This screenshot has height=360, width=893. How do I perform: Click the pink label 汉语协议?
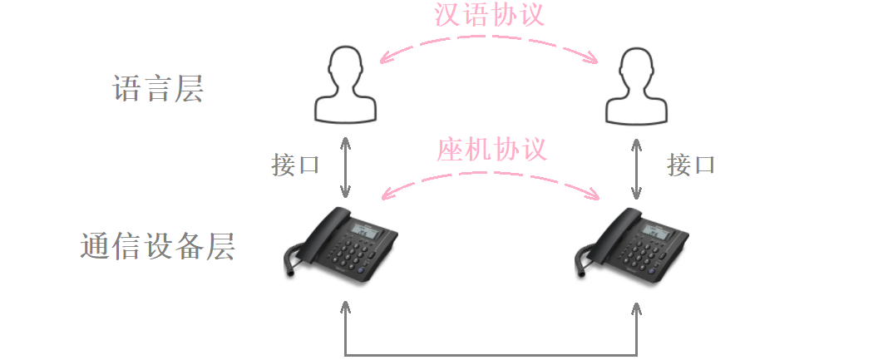(x=490, y=16)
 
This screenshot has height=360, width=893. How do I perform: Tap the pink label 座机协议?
(x=491, y=150)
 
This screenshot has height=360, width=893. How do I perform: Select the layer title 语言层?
(x=158, y=89)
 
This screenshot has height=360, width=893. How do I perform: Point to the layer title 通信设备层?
(x=158, y=246)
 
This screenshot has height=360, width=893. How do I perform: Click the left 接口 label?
(x=296, y=165)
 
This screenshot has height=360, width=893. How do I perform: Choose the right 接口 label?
(x=691, y=165)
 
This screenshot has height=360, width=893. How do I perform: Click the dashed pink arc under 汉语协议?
(x=489, y=37)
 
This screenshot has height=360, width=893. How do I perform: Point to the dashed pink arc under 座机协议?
(x=491, y=173)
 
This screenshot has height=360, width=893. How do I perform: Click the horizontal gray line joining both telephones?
(x=491, y=355)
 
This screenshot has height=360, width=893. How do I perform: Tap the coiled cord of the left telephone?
(x=292, y=259)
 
